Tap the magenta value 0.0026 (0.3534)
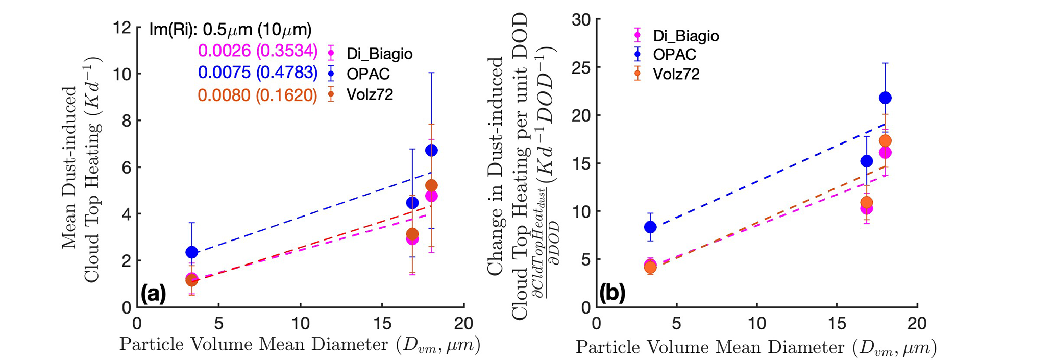click(x=258, y=51)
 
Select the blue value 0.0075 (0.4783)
click(x=258, y=73)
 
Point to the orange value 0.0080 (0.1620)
click(x=258, y=95)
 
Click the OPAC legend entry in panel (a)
click(x=368, y=74)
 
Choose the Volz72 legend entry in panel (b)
click(x=676, y=74)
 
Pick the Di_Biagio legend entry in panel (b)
click(x=685, y=36)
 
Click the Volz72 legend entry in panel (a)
click(x=370, y=95)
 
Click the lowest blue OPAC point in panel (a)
click(x=191, y=252)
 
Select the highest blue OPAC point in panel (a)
click(x=431, y=150)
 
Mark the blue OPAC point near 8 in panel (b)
click(x=650, y=227)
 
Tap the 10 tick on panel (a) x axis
click(x=300, y=324)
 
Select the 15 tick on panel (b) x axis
click(x=837, y=324)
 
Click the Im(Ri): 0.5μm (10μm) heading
click(x=230, y=30)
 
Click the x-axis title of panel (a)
click(x=300, y=346)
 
